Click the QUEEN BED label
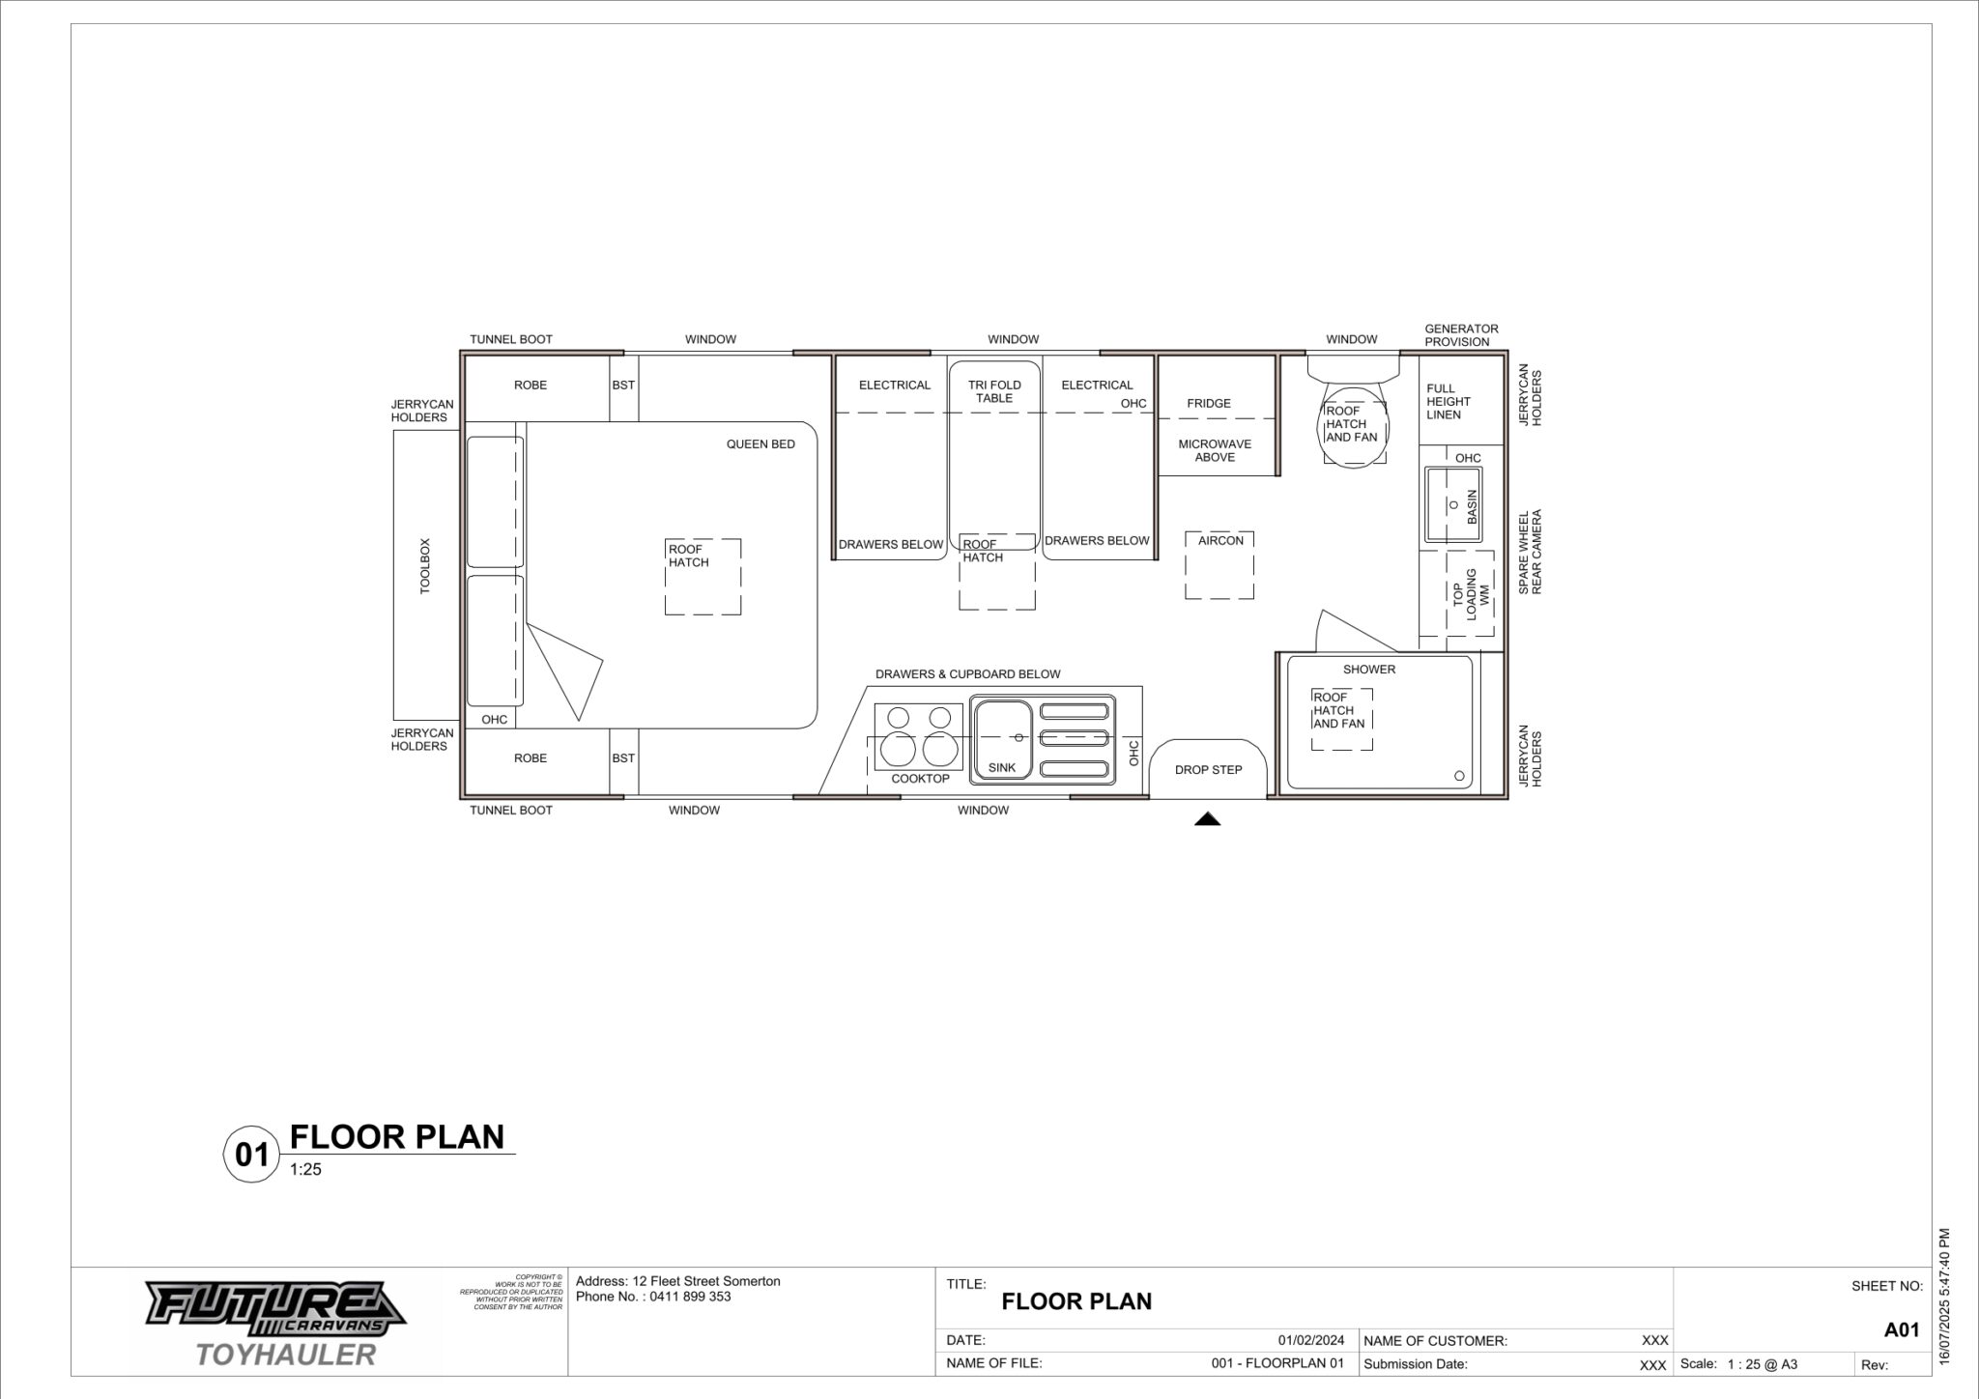pos(760,444)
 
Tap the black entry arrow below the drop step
pos(1207,819)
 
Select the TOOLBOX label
pos(425,566)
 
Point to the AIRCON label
pos(1220,540)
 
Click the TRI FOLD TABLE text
pos(994,391)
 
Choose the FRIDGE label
pos(1209,403)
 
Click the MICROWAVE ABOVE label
pos(1215,450)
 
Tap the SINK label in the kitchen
pos(1002,768)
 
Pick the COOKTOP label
pos(920,779)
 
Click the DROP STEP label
pos(1208,770)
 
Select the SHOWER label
pos(1369,669)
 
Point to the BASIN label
pos(1473,507)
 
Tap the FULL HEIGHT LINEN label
pos(1448,401)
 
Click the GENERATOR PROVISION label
pos(1461,335)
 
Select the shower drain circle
pos(1459,776)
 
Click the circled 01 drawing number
pos(252,1155)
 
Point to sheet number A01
pos(1901,1329)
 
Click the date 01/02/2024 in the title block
pos(1310,1340)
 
